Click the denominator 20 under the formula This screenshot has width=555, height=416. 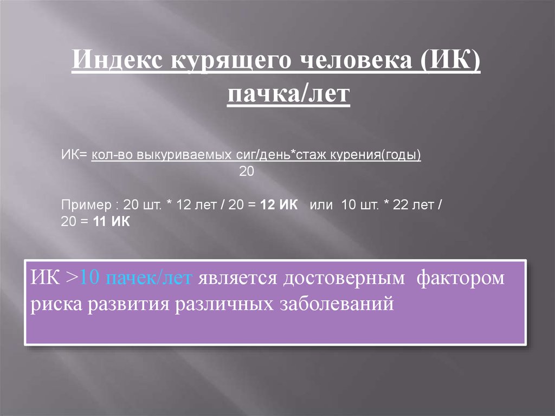247,171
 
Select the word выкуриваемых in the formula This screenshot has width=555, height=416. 172,155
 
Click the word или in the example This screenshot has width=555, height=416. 320,207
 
